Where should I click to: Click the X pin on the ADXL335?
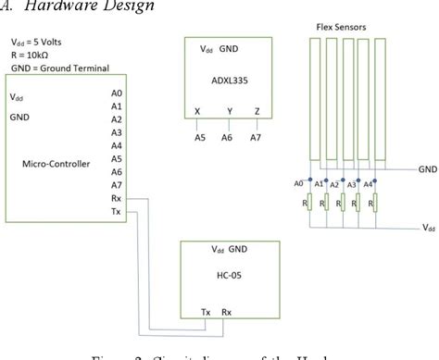(x=196, y=111)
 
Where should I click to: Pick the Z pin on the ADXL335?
(x=256, y=111)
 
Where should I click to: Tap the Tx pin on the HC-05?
(x=207, y=313)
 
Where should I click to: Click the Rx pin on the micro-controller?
(x=116, y=197)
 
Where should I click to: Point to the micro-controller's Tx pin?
(x=116, y=211)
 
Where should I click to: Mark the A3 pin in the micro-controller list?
(x=115, y=132)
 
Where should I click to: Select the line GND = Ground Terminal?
(x=57, y=68)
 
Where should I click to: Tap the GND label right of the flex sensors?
(x=427, y=169)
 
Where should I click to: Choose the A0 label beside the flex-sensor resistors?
(x=299, y=183)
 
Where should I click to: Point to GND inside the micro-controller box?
(x=20, y=118)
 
